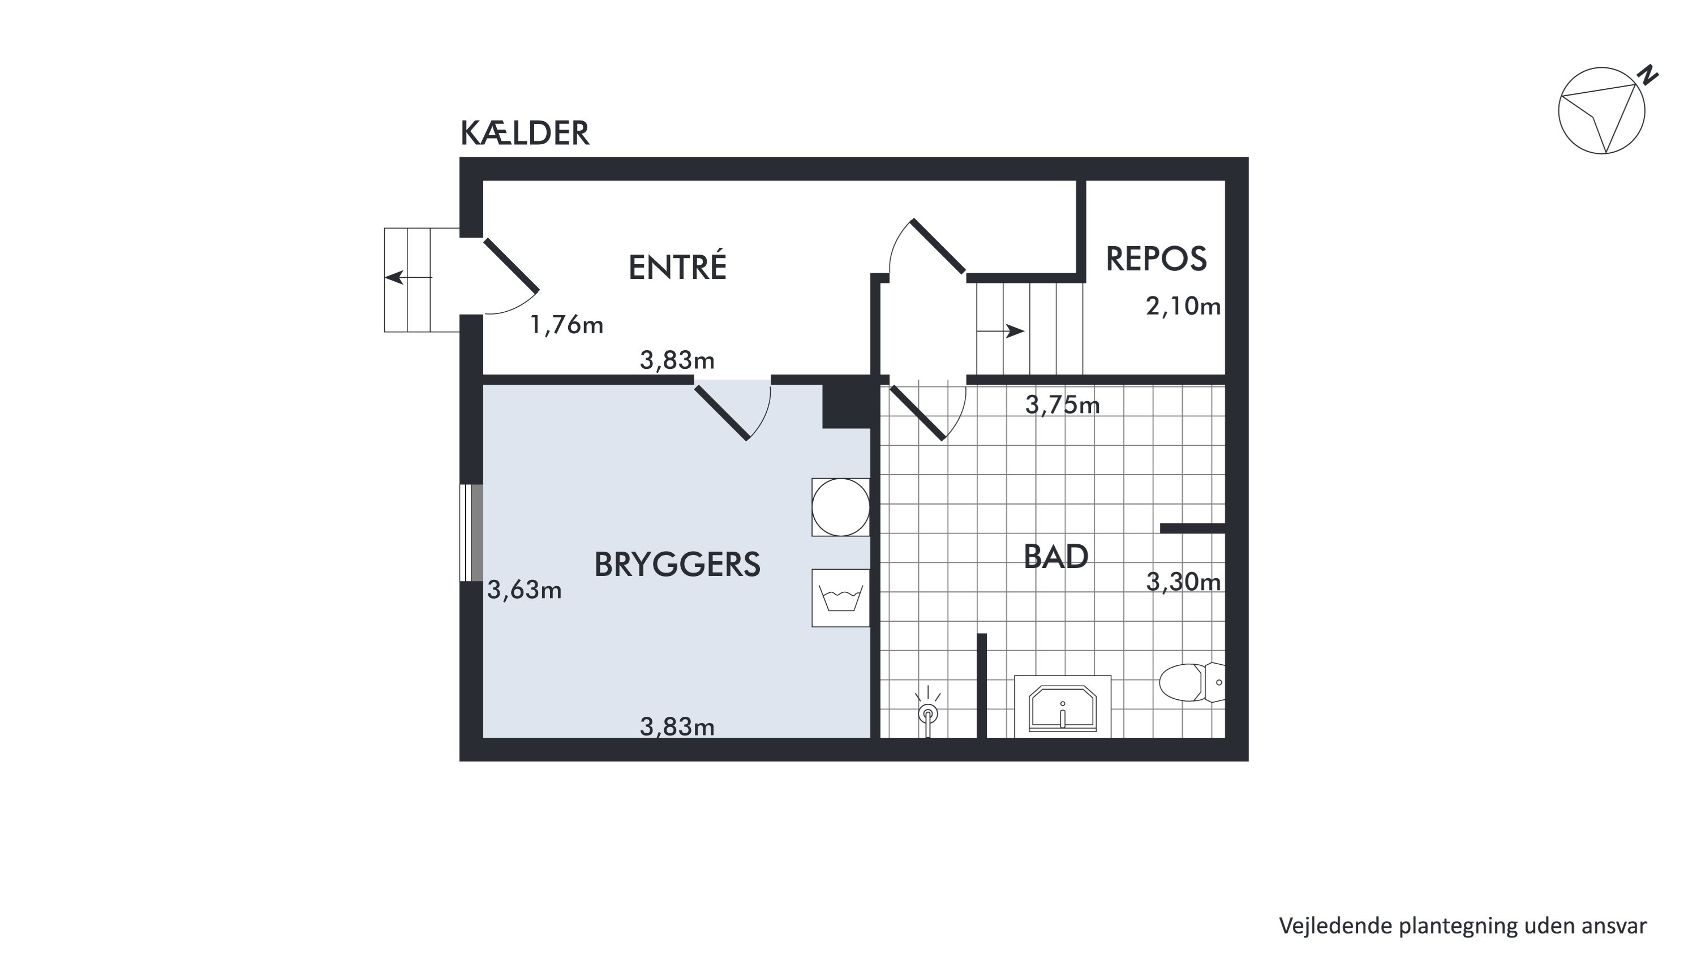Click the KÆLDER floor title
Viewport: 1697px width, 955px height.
click(x=525, y=133)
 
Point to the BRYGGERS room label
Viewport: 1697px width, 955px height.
click(x=677, y=565)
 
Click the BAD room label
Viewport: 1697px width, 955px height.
click(x=1056, y=557)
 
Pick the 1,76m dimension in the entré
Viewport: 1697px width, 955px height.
click(x=566, y=325)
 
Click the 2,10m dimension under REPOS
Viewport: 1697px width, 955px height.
click(x=1183, y=306)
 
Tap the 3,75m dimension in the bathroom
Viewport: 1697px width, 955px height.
click(x=1062, y=405)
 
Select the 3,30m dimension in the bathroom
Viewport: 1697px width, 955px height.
click(x=1183, y=582)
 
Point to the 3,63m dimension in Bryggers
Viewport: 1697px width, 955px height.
click(x=525, y=590)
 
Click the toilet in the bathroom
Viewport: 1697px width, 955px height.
click(x=1192, y=682)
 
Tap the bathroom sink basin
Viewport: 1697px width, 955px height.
click(x=1063, y=707)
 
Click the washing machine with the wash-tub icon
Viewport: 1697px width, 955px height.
click(x=841, y=598)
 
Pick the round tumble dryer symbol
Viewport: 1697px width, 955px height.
click(x=841, y=507)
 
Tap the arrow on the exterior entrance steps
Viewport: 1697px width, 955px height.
click(x=409, y=277)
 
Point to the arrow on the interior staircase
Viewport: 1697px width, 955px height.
click(x=1000, y=330)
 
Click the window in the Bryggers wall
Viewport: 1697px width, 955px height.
click(x=472, y=533)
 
